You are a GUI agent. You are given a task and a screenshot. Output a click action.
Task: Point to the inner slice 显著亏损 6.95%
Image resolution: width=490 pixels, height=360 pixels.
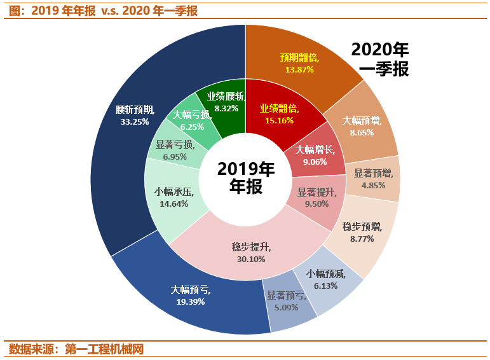pos(172,150)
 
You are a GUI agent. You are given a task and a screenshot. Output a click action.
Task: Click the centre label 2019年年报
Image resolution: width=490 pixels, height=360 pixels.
pos(245,178)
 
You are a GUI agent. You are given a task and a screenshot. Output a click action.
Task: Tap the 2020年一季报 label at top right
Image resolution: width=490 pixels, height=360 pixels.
pos(379,59)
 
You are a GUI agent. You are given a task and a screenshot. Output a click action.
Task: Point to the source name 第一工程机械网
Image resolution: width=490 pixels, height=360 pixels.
pos(104,349)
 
